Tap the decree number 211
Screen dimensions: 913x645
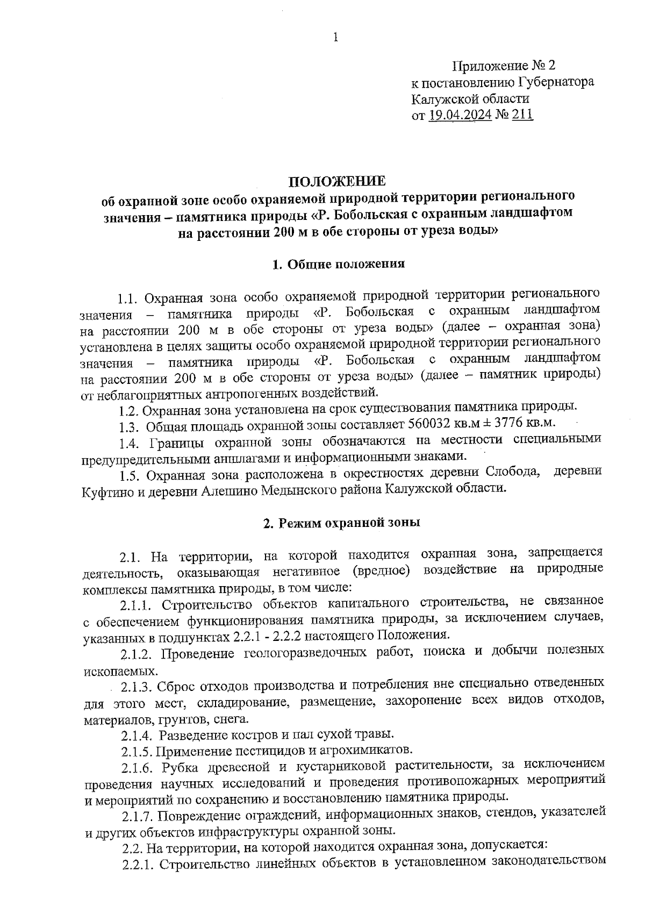[522, 115]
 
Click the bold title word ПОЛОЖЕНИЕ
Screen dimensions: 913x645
[338, 181]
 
